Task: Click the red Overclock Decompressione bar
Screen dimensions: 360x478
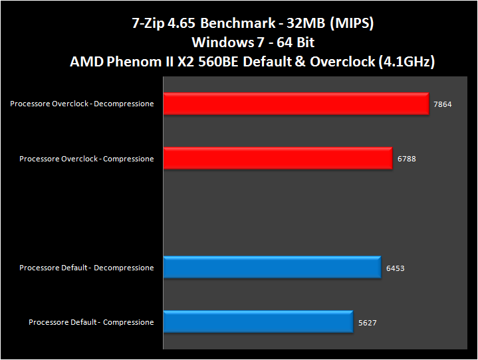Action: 296,104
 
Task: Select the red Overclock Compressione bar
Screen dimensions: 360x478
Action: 277,159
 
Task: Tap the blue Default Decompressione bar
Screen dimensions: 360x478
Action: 271,268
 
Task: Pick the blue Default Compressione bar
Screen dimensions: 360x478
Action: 257,322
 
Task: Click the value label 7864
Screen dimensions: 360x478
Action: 442,104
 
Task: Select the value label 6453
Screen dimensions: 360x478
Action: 395,268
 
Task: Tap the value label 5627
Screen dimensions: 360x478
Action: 367,323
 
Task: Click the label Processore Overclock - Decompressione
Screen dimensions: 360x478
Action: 82,104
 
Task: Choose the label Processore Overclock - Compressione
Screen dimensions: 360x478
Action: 86,159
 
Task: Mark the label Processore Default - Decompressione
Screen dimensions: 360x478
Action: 86,268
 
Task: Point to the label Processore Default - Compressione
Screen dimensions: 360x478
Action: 91,322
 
